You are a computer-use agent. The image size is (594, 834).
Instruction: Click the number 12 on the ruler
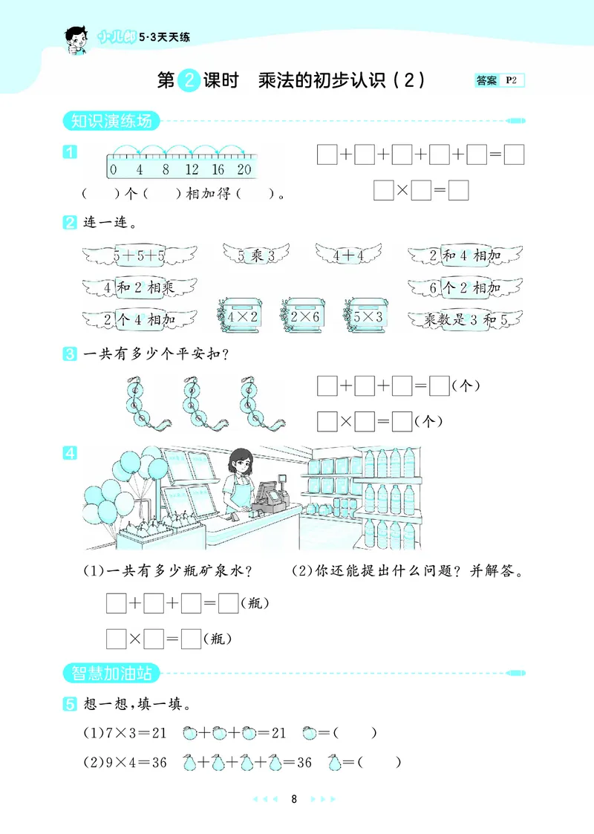pos(191,169)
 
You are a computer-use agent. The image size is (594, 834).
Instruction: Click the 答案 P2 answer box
pos(499,81)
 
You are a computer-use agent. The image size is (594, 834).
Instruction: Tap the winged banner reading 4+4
pos(347,255)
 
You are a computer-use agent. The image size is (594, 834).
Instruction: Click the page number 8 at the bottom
pos(295,799)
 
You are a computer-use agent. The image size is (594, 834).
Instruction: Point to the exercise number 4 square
pos(69,452)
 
